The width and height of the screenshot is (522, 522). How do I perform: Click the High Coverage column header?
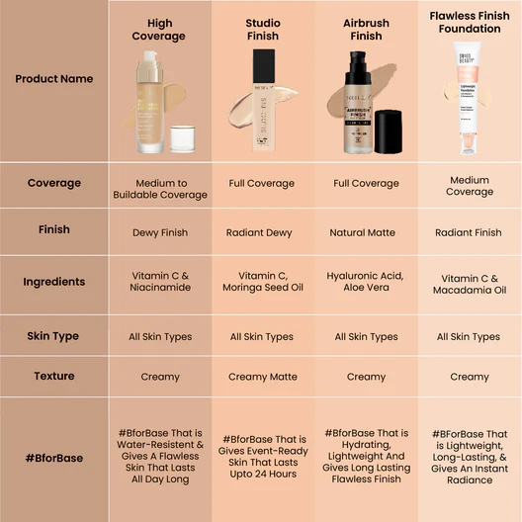pyautogui.click(x=158, y=30)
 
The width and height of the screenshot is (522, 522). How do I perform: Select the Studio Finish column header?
pyautogui.click(x=262, y=30)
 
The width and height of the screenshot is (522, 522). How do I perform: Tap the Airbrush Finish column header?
pyautogui.click(x=366, y=30)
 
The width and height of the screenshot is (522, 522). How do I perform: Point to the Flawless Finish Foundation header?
pyautogui.click(x=470, y=23)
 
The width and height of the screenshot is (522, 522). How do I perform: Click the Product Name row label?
pyautogui.click(x=54, y=79)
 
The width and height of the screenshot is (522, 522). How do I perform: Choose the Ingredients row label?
pyautogui.click(x=54, y=282)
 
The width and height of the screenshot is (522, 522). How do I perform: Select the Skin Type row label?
pyautogui.click(x=54, y=336)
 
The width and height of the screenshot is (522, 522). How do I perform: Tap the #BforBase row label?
pyautogui.click(x=54, y=459)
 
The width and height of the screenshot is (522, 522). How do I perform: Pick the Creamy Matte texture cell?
pyautogui.click(x=262, y=377)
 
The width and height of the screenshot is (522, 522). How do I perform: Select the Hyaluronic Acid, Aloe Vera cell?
pyautogui.click(x=366, y=283)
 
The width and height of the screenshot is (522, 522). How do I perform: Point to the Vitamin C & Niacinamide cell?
pyautogui.click(x=160, y=283)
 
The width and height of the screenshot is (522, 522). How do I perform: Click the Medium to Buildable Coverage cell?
pyautogui.click(x=160, y=189)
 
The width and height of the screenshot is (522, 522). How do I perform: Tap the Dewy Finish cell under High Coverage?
pyautogui.click(x=160, y=233)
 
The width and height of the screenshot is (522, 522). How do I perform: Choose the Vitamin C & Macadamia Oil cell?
pyautogui.click(x=470, y=284)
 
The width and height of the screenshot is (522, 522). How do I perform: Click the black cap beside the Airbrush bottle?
pyautogui.click(x=388, y=132)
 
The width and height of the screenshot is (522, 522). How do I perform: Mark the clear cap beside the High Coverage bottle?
pyautogui.click(x=182, y=138)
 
